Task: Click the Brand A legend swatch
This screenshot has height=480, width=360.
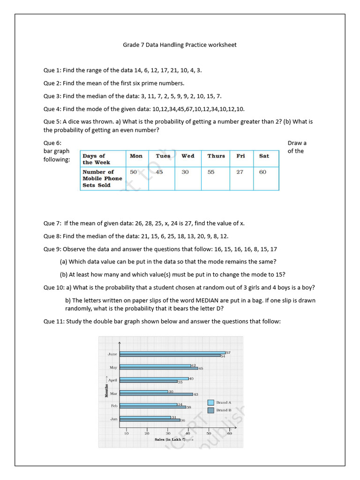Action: pos(210,402)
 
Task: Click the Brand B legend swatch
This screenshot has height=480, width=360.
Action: pos(210,410)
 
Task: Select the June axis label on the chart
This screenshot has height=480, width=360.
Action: pos(112,354)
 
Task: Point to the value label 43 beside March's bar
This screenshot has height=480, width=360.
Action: pos(196,394)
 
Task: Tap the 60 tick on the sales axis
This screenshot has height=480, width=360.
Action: pos(230,434)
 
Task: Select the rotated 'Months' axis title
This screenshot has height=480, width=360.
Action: pos(106,390)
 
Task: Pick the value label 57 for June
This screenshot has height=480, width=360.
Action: pos(228,352)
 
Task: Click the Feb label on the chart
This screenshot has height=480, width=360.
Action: pos(114,405)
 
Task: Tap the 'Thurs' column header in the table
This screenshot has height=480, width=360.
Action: pos(216,156)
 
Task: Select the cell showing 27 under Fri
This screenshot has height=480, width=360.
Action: pos(240,172)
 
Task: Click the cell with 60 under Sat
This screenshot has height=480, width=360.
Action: pos(262,172)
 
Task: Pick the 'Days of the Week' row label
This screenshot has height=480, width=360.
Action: pos(96,159)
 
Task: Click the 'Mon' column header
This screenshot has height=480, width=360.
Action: pos(136,156)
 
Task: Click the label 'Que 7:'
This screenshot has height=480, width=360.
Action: pos(52,223)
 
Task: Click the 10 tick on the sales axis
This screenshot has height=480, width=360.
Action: pos(126,434)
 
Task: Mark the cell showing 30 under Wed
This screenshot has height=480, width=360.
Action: pos(185,172)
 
